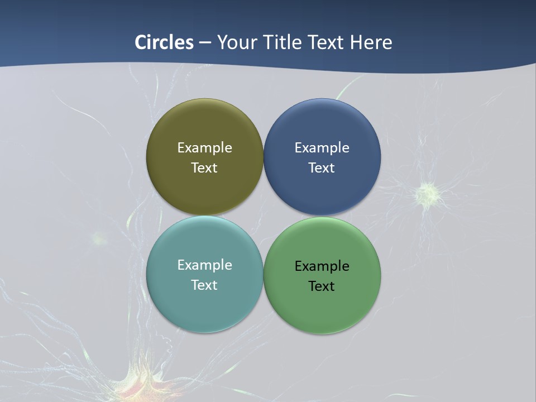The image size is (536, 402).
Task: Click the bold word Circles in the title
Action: [164, 42]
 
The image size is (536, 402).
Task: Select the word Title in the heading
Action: [283, 42]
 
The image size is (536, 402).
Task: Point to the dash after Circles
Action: [205, 43]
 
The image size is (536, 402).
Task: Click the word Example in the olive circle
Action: [204, 148]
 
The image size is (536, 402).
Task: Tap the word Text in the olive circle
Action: [204, 168]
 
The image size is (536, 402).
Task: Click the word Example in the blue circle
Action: [322, 148]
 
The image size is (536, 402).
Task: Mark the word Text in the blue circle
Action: [322, 168]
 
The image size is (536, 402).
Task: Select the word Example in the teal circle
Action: [204, 265]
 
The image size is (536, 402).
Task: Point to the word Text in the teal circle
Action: [204, 285]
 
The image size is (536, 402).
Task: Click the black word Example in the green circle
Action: [322, 266]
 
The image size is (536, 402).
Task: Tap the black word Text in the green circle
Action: [322, 286]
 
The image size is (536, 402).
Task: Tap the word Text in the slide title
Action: [326, 42]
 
